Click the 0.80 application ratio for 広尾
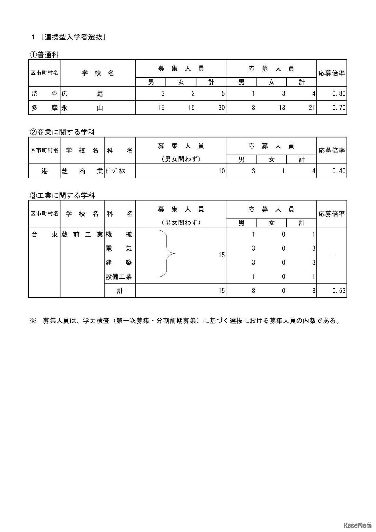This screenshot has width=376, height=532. pos(339,94)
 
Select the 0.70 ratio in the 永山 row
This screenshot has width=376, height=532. pos(339,108)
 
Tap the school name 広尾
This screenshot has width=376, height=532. pos(82,94)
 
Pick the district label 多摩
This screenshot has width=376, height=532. pos(44,108)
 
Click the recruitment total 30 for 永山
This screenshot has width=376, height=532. pos(221,108)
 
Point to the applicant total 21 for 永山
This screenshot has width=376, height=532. pos(312,108)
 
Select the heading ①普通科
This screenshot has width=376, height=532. pos(44,55)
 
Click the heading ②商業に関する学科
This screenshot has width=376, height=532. pos(62,132)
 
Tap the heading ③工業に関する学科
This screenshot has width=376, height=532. pos(62,195)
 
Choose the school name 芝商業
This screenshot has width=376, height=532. pos(82,171)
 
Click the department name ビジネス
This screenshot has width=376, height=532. pos(115,171)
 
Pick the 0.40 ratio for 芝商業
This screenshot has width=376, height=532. pos(339,171)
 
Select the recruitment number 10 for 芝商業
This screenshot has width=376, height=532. pos(221,171)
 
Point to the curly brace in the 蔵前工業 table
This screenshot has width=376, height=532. pos(167,254)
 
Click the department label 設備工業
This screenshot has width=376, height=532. pos(119,277)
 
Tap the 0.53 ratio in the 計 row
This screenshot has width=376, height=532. pos(339,291)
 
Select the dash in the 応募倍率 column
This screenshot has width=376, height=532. pos(332,255)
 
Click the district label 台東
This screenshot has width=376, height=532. pos(44,235)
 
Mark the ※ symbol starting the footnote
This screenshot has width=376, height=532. pos(33,321)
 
